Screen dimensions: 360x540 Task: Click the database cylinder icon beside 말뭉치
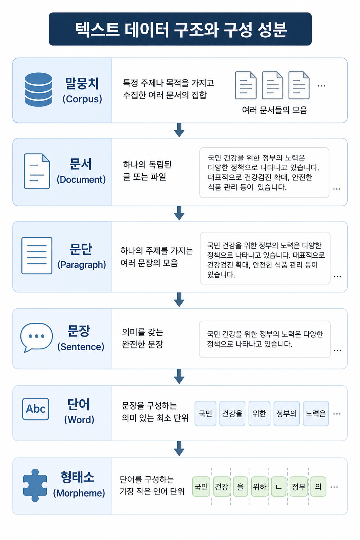38,89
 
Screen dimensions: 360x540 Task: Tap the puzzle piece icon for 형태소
35,485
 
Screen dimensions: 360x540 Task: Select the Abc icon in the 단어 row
36,409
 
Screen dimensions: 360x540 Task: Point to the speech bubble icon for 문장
37,337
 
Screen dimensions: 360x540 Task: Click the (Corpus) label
82,99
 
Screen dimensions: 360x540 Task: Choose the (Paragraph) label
82,265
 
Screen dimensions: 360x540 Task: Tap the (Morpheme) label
79,493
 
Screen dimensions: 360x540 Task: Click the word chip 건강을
232,413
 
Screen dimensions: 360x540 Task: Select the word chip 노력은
316,413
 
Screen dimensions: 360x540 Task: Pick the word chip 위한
259,413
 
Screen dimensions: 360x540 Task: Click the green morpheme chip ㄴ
279,487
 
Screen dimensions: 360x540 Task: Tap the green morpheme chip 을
240,487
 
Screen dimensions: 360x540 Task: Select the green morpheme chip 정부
299,487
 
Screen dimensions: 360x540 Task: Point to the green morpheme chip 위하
260,487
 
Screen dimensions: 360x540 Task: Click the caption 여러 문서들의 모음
275,110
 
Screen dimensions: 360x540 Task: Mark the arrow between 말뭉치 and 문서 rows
179,130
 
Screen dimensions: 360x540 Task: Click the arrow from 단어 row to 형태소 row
179,449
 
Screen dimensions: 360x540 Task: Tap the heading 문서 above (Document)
81,164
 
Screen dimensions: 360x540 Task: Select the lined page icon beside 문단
37,256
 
